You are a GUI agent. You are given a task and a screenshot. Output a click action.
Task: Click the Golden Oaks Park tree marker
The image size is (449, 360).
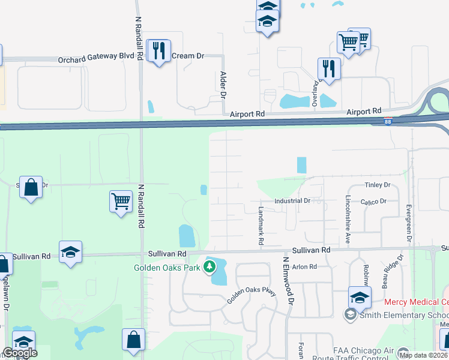(x=209, y=266)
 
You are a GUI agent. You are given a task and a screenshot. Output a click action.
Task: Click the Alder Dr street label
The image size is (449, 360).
(x=223, y=85)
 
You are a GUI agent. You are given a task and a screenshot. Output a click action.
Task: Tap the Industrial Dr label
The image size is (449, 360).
(x=292, y=201)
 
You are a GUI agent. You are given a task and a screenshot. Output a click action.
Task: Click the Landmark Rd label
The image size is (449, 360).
(x=261, y=226)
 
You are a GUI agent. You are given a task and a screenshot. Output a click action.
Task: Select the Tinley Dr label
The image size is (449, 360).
(x=378, y=185)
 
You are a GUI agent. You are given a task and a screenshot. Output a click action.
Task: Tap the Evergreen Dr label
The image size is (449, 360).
(x=408, y=222)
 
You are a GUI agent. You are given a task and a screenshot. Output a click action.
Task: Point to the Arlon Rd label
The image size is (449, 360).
(x=304, y=266)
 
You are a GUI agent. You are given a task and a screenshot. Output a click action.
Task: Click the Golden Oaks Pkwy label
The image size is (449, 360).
(x=250, y=295)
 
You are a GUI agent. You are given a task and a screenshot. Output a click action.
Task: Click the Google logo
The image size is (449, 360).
(x=20, y=353)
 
